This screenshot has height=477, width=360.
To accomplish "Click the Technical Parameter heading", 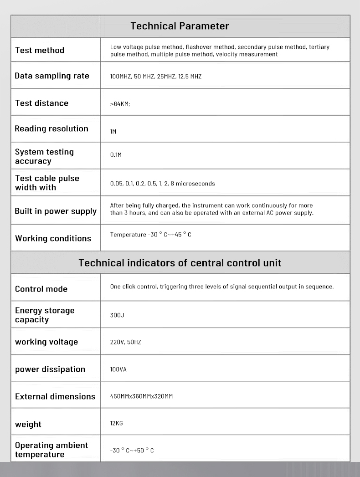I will pos(180,26).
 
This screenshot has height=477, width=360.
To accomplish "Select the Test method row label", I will pos(40,50).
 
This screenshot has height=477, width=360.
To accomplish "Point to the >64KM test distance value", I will pos(120,104).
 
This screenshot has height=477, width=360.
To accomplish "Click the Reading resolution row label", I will pos(51,128).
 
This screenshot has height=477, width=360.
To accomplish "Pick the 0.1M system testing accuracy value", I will pos(116,155).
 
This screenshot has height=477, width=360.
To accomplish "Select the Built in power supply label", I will pos(56,211).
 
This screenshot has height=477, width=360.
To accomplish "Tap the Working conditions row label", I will pos(53,238).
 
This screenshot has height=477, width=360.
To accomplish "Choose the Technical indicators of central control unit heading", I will pos(180,263).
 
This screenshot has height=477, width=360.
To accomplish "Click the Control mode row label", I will pos(41,289).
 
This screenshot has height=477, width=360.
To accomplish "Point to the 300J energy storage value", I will pos(117,315).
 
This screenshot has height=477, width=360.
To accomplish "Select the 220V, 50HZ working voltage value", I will pos(125,342).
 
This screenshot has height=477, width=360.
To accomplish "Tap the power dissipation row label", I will pos(50,369).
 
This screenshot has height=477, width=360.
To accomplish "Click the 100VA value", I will pos(118,369).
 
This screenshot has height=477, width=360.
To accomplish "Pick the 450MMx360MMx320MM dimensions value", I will pos(141,396).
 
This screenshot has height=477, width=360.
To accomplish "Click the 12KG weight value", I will pos(116,423).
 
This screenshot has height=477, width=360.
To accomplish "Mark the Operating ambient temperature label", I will pos(51,450).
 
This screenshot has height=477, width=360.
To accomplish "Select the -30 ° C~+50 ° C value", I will pos(132,451).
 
